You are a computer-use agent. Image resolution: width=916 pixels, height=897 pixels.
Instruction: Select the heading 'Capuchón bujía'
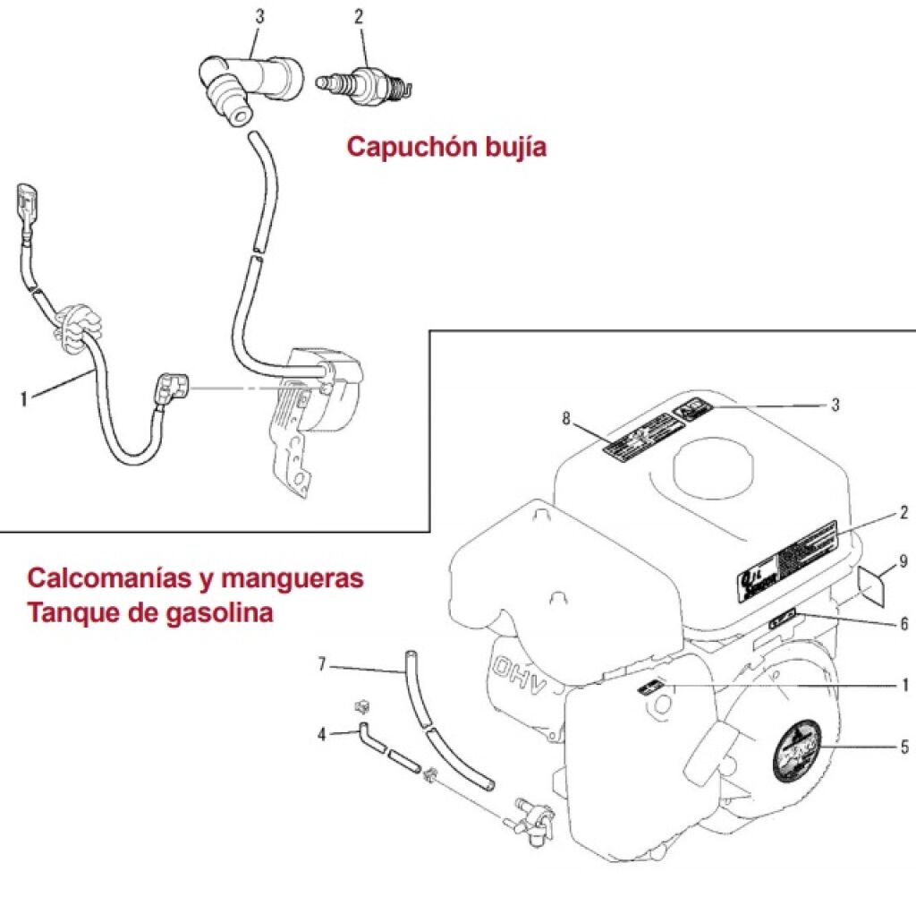tap(445, 147)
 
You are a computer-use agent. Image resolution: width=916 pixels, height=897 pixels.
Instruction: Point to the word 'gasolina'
tap(216, 615)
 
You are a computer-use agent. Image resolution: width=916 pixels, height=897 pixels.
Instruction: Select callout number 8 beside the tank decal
tap(565, 417)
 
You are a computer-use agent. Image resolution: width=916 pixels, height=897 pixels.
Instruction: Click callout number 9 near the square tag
tap(903, 561)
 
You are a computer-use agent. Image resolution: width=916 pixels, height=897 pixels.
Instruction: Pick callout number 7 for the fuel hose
tap(324, 664)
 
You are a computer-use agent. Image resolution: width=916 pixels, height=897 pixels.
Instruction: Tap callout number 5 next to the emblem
tap(904, 745)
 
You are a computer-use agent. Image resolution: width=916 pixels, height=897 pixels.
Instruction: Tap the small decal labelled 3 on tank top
tap(691, 413)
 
